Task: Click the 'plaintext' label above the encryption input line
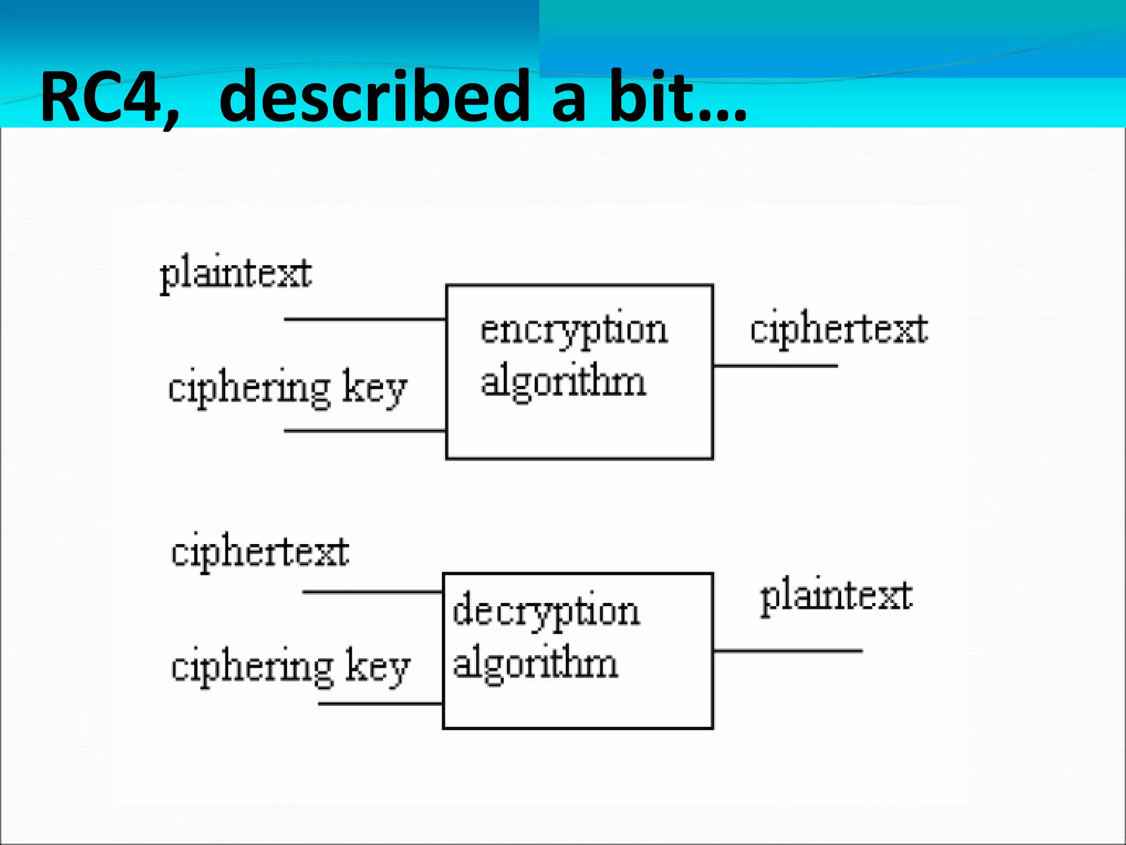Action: pos(236,273)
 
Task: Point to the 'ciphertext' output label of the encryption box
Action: pos(839,329)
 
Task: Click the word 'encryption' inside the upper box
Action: pos(574,330)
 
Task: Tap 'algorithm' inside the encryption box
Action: pos(563,382)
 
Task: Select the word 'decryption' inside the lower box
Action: pos(546,611)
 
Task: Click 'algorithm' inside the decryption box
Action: pos(535,663)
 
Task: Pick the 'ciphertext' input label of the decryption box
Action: pos(260,552)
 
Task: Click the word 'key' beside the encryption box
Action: pos(374,388)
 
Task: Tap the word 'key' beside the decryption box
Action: pos(378,667)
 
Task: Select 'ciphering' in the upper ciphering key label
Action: pos(249,388)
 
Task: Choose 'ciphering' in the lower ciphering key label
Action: pos(252,667)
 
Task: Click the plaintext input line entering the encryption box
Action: pos(365,319)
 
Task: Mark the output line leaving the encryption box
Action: pos(775,365)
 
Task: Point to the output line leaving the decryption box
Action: pos(787,651)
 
